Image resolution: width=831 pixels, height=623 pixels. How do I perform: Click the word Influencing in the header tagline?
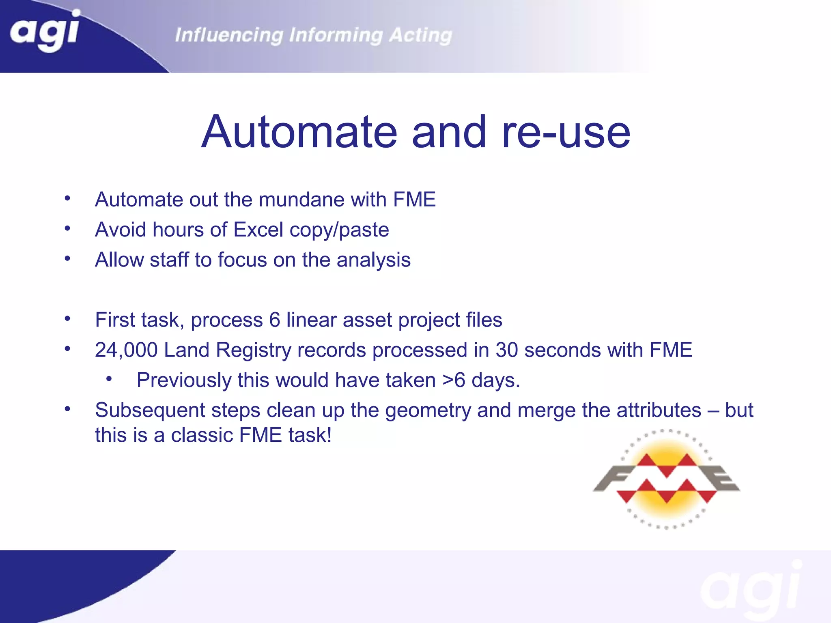pyautogui.click(x=229, y=35)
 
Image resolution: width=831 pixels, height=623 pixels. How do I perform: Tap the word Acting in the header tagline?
pyautogui.click(x=420, y=35)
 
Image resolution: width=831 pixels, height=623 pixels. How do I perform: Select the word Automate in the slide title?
pyautogui.click(x=299, y=132)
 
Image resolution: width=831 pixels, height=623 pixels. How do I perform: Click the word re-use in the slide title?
pyautogui.click(x=566, y=132)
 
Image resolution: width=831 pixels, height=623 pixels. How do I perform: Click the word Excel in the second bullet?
pyautogui.click(x=258, y=230)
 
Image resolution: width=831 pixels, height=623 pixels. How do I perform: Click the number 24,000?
pyautogui.click(x=126, y=350)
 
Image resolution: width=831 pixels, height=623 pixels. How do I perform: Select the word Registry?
pyautogui.click(x=253, y=350)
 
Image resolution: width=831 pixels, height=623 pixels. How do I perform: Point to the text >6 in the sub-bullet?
pyautogui.click(x=454, y=380)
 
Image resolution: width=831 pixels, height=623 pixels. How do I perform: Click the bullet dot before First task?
pyautogui.click(x=67, y=319)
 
